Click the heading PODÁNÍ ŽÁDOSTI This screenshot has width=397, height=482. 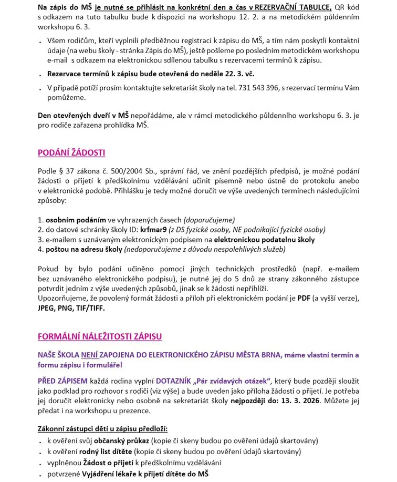coord(71,153)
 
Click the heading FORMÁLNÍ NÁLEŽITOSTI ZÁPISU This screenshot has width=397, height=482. coord(100,336)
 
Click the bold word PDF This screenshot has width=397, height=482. coord(304,298)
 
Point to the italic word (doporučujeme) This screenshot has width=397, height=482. coord(209,220)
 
